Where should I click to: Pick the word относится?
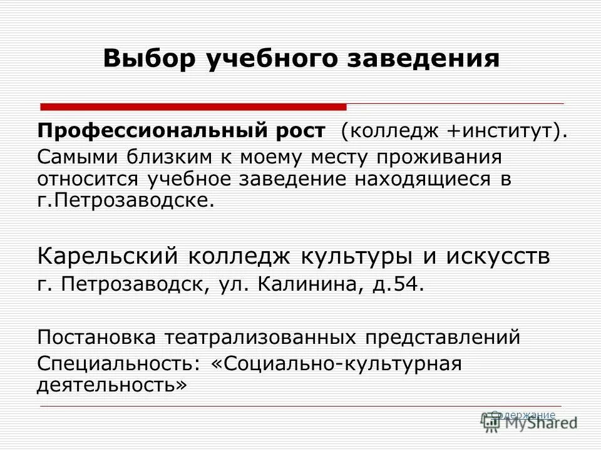tap(89, 179)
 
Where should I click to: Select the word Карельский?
tap(108, 256)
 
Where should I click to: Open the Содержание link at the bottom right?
tap(523, 415)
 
